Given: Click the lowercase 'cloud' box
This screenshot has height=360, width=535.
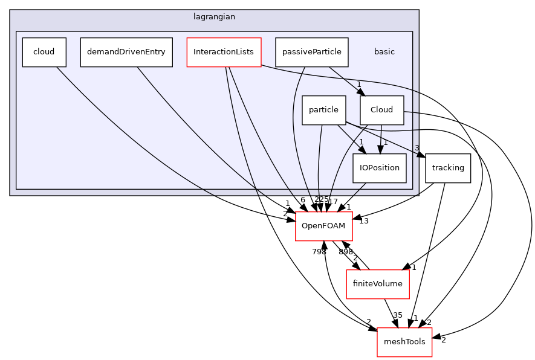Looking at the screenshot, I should pos(44,52).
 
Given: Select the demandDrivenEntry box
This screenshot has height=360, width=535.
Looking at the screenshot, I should pos(126,52).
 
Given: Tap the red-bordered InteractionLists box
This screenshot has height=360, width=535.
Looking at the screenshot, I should pos(224,52).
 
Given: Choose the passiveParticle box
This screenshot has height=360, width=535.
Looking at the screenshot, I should pos(311,52).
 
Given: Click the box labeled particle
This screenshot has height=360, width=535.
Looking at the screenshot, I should pos(323,110).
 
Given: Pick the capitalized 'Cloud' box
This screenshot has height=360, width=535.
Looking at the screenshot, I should pos(381,110).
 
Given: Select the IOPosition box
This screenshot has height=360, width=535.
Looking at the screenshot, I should pos(380,168).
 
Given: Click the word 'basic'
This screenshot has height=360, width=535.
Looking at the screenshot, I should pos(384,52).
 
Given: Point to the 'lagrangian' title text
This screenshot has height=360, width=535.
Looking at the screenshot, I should pos(214,17).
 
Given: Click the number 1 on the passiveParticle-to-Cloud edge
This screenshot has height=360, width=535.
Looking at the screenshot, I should pos(358,85).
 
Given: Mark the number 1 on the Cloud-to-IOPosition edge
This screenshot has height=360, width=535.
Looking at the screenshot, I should pos(384,143).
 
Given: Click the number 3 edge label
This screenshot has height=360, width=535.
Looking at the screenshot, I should pos(417,148).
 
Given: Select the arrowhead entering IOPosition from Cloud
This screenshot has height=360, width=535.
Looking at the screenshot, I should pos(380,149).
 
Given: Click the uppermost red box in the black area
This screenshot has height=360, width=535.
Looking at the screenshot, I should pos(323,227).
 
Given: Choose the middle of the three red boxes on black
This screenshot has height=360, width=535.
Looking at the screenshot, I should pos(377,284).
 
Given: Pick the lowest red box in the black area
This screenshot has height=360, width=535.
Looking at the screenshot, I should pos(404,342).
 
